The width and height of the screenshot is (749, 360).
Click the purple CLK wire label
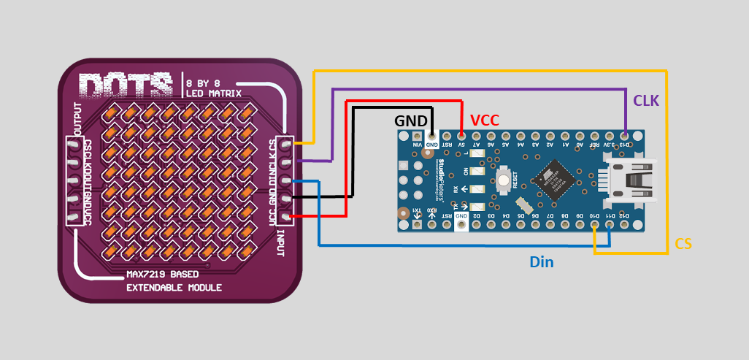tap(646, 101)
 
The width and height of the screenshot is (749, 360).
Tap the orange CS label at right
tap(683, 244)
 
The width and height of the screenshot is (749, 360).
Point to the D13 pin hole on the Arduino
tap(625, 136)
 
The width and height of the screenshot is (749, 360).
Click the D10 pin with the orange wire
tap(596, 225)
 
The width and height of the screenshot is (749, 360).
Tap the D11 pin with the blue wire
tap(610, 225)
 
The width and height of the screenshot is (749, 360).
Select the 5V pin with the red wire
tap(461, 136)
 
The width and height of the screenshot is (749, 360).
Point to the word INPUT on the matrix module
tap(280, 241)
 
